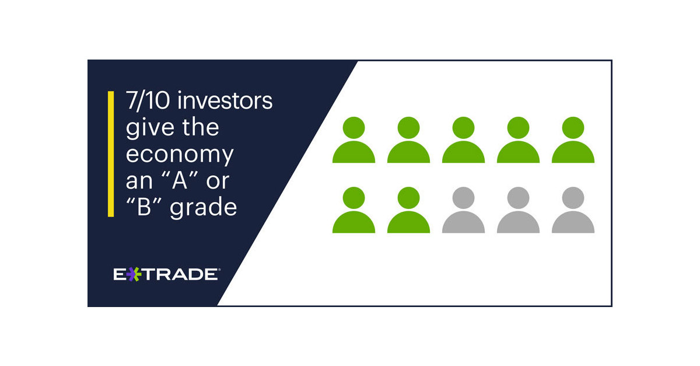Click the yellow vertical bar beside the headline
(x=111, y=154)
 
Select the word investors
(x=226, y=101)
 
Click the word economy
(x=180, y=155)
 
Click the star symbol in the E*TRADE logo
(x=134, y=274)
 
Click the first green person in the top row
(x=353, y=141)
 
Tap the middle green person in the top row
(x=463, y=141)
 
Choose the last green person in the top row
(x=573, y=141)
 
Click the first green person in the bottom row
(x=353, y=211)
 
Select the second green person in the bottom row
(x=408, y=211)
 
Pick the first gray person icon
(x=463, y=211)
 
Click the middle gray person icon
(x=518, y=211)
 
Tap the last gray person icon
(x=573, y=211)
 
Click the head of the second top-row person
(x=408, y=127)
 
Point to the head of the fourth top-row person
(x=518, y=127)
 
